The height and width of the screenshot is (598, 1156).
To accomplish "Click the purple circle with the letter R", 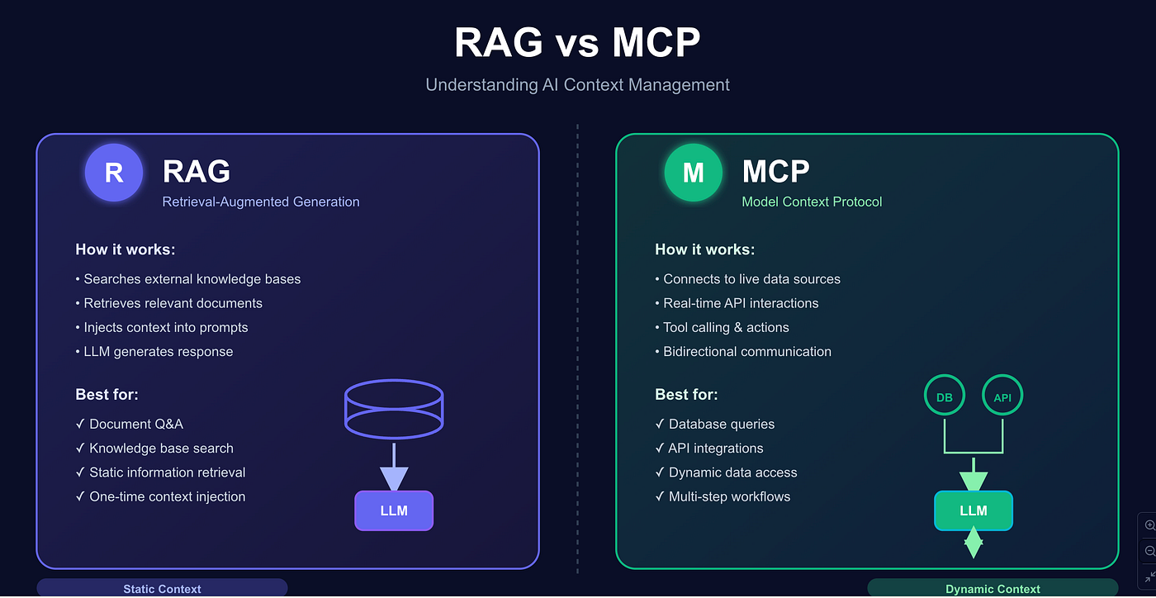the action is point(114,172).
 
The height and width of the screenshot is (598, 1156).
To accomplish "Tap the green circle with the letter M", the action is point(693,172).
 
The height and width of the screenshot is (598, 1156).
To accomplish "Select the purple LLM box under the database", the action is point(394,510).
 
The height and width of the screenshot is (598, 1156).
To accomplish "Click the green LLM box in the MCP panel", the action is point(974,510).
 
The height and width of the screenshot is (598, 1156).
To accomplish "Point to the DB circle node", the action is point(945,395).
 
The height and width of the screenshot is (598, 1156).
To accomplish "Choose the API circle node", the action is point(1002,395).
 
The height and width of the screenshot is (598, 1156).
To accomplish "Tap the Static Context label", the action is point(162,589).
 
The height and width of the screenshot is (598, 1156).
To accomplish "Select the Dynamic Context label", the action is point(993,589).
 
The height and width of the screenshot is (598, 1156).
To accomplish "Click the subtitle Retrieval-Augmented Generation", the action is point(261,202).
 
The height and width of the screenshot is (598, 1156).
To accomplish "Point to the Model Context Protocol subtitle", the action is point(812,202).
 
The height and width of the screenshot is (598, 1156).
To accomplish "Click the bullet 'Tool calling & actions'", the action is point(722,327).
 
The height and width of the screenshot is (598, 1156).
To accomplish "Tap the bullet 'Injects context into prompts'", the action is point(162,327).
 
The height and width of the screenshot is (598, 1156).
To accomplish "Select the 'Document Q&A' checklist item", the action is point(130,424).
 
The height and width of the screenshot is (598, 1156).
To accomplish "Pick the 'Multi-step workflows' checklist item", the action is point(722,496).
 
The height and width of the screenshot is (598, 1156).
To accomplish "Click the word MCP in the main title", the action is point(656,42).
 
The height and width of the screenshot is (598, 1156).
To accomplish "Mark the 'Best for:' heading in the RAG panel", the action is point(107,395).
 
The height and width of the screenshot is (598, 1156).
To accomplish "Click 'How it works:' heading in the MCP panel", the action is point(705,249).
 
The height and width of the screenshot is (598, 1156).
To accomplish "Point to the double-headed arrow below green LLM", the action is point(974,542).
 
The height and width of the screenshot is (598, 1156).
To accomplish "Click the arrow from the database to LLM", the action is point(394,467).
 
